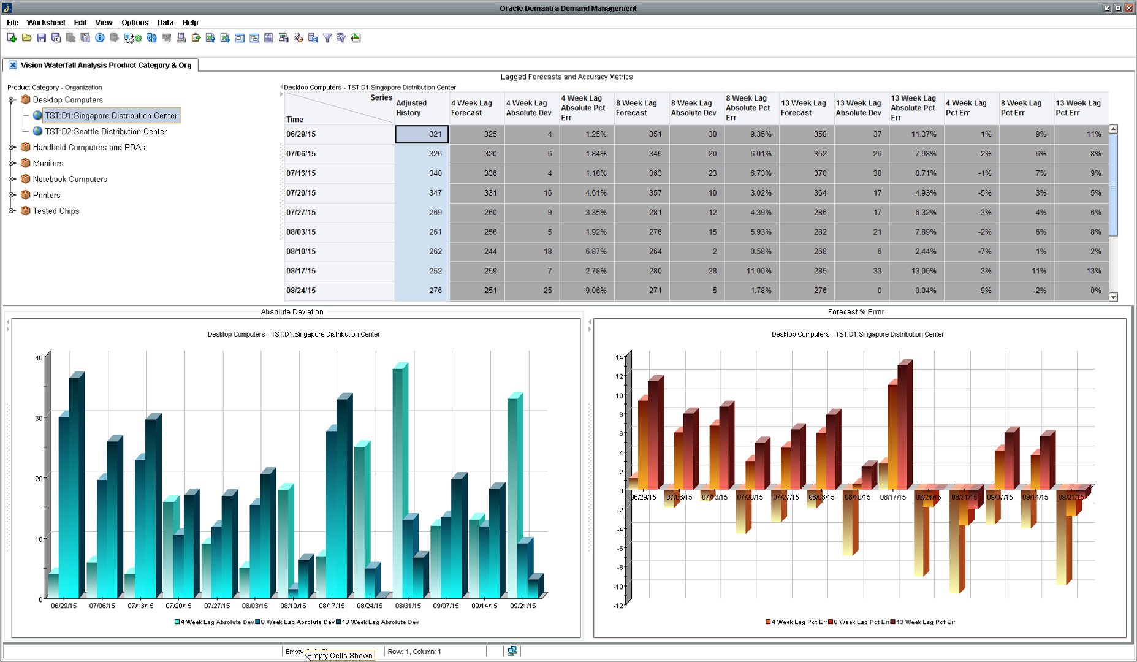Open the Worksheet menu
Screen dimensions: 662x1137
[46, 23]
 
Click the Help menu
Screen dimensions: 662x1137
[190, 23]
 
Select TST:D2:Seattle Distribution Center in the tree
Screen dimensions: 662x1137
[105, 132]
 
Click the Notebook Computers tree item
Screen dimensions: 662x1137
[70, 180]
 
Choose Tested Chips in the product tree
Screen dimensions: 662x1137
[56, 211]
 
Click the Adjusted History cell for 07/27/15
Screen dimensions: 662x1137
[422, 213]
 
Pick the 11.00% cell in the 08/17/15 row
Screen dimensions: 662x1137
[751, 272]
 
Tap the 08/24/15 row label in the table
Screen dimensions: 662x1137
[301, 291]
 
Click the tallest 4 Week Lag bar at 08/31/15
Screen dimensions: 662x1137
[400, 478]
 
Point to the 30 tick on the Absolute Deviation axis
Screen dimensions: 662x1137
[39, 419]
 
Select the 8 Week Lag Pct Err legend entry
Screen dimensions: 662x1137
[860, 622]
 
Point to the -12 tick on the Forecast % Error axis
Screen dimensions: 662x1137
[618, 606]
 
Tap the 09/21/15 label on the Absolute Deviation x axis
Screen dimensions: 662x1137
[523, 606]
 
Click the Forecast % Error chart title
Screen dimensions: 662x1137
[856, 312]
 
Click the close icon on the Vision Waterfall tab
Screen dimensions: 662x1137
[13, 66]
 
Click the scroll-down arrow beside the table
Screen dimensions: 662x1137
[1114, 297]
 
